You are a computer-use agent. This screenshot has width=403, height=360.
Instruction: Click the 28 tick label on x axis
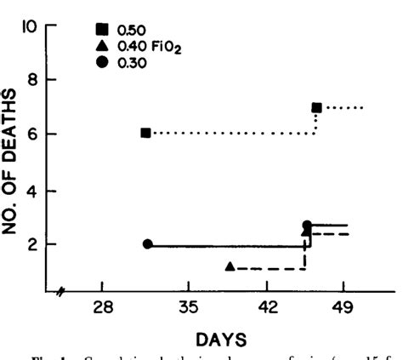[102, 308]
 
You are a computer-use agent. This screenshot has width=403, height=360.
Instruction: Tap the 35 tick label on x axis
[188, 308]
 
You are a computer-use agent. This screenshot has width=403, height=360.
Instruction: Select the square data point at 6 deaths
[146, 133]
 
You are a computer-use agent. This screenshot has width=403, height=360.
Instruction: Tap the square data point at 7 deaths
[316, 108]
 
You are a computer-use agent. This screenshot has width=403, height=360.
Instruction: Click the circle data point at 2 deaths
[148, 244]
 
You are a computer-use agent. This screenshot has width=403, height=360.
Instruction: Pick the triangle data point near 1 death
[230, 266]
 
